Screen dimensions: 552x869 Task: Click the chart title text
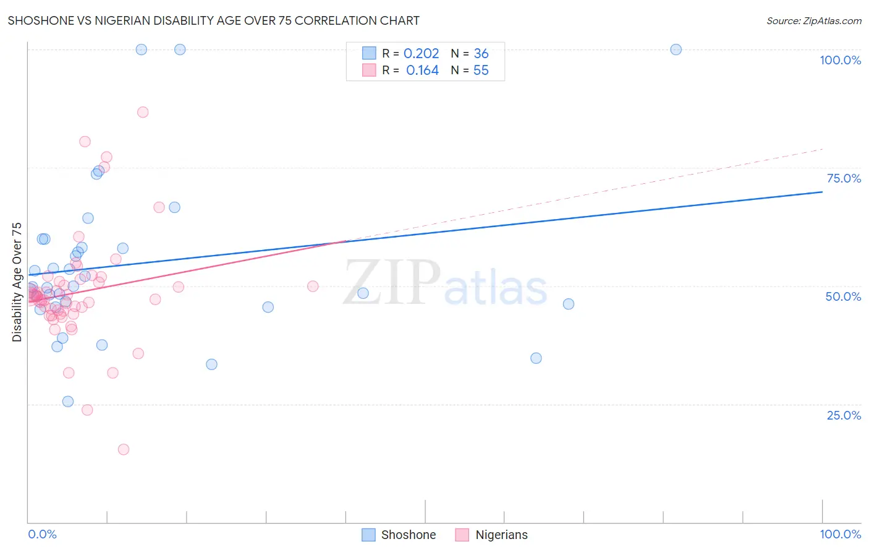coord(213,20)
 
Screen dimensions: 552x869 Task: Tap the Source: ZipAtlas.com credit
coord(813,20)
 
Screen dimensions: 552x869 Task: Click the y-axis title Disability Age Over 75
coord(17,282)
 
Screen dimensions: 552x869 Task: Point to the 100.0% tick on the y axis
coord(840,60)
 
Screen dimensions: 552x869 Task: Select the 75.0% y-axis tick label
coord(844,178)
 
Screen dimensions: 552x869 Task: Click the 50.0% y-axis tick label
coord(843,296)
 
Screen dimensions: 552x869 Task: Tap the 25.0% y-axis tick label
coord(844,415)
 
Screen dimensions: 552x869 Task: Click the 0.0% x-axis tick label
coord(42,534)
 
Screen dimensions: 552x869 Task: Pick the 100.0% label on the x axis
coord(840,534)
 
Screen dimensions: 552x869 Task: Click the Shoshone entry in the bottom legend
coord(399,535)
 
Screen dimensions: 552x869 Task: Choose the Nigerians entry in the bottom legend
coord(492,535)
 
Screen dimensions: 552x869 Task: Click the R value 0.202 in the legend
coord(421,54)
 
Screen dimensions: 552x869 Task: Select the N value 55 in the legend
coord(481,71)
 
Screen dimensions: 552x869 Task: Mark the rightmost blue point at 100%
coord(676,50)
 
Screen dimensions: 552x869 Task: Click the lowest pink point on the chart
coord(124,449)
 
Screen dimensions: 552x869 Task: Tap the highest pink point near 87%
coord(143,112)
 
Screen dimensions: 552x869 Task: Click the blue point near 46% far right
coord(569,304)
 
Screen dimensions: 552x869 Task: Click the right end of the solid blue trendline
coord(822,192)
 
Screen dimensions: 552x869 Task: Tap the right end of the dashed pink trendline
coord(822,149)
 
